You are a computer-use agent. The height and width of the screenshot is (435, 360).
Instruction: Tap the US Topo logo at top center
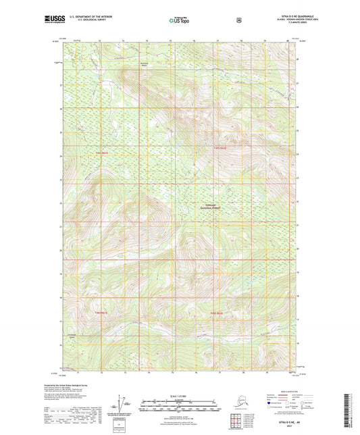point(179,21)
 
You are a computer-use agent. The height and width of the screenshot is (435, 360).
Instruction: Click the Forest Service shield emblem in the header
point(238,20)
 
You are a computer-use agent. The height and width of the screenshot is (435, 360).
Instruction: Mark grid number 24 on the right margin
point(298,155)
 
